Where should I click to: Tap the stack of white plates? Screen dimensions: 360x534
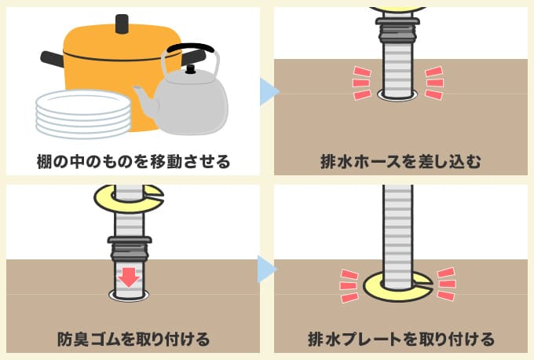[83, 113]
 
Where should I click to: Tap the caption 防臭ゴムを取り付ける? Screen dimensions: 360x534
[133, 340]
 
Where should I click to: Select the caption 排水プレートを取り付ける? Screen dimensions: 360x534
[400, 340]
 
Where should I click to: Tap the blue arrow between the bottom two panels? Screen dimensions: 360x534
[268, 270]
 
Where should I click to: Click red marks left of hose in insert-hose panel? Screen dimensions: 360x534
[360, 83]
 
